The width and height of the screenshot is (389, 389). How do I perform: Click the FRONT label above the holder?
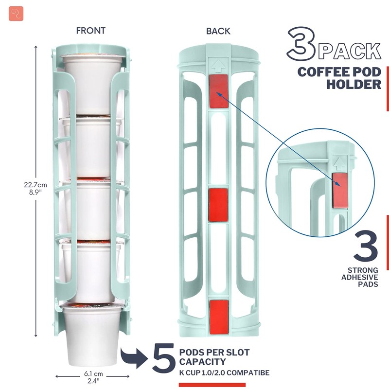[x=90, y=31]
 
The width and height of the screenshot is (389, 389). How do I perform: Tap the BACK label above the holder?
[x=218, y=31]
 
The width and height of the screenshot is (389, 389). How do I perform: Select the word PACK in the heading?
[x=351, y=51]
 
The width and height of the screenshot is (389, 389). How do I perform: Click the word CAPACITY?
[x=202, y=362]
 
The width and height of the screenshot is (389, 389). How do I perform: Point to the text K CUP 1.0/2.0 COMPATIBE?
[x=224, y=373]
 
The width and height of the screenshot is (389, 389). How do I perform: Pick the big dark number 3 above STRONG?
[x=365, y=246]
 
